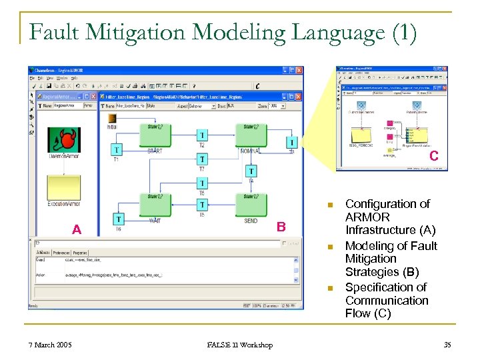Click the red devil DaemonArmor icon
pyautogui.click(x=63, y=140)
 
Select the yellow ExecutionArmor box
pyautogui.click(x=63, y=187)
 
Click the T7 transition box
pyautogui.click(x=202, y=159)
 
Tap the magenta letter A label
pyautogui.click(x=77, y=230)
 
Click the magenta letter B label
pyautogui.click(x=281, y=227)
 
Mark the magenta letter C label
pyautogui.click(x=433, y=157)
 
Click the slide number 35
pyautogui.click(x=447, y=345)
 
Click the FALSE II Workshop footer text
pyautogui.click(x=239, y=345)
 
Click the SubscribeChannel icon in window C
pyautogui.click(x=361, y=106)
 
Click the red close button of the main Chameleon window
pyautogui.click(x=299, y=70)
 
